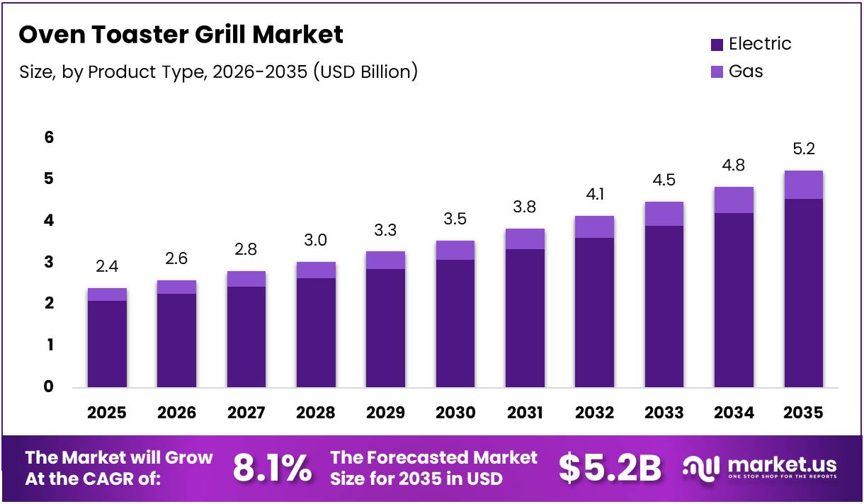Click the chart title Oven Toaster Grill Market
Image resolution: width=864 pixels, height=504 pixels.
[181, 35]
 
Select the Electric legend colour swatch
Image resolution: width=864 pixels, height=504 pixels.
[717, 45]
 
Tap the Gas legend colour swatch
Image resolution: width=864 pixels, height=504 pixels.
[717, 71]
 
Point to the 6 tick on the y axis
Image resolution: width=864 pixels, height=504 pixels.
[49, 137]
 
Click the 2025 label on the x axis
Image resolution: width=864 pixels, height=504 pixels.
[107, 413]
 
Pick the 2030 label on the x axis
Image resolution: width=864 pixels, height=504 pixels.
[455, 413]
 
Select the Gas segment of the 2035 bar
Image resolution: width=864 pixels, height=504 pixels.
[803, 185]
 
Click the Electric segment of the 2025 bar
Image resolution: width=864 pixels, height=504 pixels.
[107, 344]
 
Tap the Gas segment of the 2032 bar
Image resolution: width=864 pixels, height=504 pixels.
[594, 227]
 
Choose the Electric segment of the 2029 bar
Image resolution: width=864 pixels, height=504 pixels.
[385, 328]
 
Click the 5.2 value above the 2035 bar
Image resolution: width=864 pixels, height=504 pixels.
[803, 149]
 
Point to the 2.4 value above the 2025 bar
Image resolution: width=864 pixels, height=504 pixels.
[107, 267]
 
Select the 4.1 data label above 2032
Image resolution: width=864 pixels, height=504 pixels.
[594, 194]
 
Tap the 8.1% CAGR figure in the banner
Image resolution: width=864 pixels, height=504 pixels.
[272, 468]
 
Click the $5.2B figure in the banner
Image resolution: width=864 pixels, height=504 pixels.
[610, 468]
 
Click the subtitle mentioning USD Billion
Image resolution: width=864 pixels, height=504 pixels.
[218, 71]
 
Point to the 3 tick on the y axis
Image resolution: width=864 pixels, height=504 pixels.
[49, 262]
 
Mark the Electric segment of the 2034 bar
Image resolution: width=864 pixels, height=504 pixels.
[734, 300]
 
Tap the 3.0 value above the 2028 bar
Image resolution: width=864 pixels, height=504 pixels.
[316, 240]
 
